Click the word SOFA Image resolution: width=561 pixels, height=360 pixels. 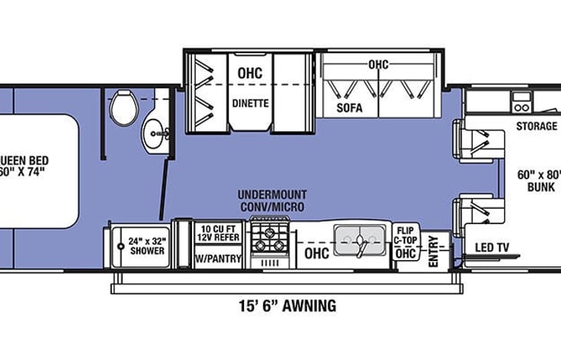[349, 108]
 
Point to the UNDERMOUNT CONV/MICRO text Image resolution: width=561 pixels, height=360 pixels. [271, 201]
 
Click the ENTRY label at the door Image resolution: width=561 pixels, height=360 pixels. [434, 250]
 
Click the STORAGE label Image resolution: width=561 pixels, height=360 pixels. [536, 127]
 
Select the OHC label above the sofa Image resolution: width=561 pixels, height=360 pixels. [378, 64]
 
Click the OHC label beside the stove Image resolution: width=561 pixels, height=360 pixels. [316, 253]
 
